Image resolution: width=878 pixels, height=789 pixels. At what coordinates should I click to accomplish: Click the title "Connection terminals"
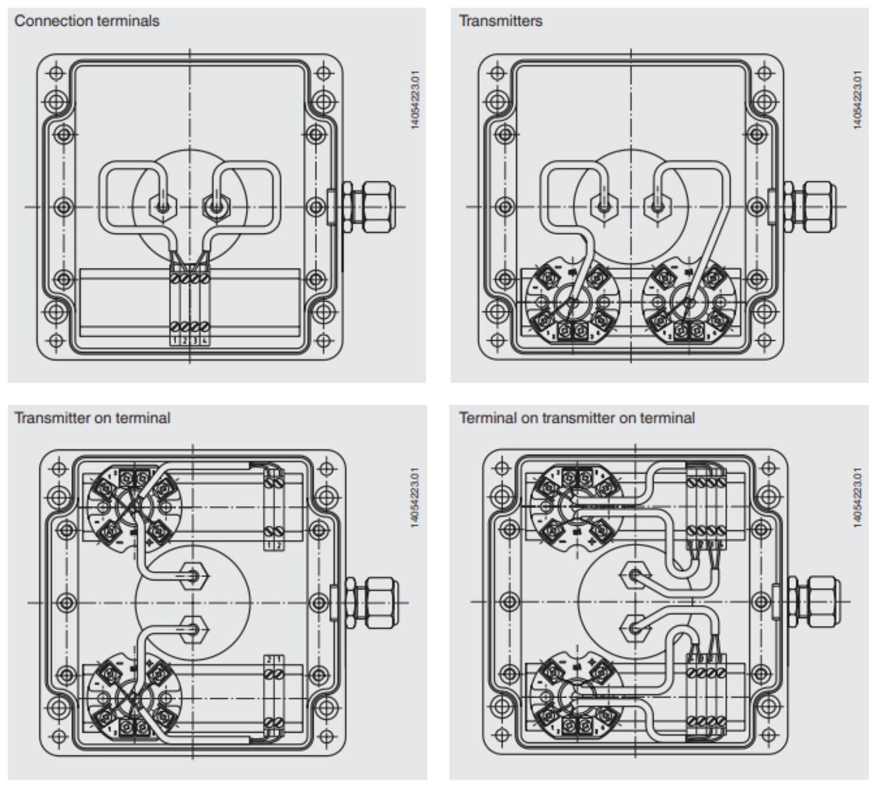(x=87, y=21)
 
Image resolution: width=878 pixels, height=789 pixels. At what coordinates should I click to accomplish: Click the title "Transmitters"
(x=500, y=21)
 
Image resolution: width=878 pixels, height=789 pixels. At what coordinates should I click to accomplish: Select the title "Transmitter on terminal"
(x=92, y=418)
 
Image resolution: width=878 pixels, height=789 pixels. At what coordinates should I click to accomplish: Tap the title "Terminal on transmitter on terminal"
(x=577, y=418)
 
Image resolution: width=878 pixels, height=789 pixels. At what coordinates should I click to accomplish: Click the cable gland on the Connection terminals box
(x=369, y=206)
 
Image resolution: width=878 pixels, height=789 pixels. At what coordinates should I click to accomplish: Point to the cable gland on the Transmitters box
(x=811, y=206)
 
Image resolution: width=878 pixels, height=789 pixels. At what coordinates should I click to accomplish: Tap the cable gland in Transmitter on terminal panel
(x=372, y=602)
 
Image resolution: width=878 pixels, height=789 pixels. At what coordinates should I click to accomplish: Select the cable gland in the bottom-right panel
(x=814, y=602)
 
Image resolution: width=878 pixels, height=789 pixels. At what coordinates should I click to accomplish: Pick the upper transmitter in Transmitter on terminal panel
(x=134, y=506)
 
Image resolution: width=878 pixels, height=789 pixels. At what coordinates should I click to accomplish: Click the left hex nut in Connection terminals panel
(x=163, y=206)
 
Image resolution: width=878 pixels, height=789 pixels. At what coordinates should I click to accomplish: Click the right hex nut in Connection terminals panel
(x=216, y=206)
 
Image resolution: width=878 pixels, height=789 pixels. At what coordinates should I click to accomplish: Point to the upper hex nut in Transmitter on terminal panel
(x=194, y=577)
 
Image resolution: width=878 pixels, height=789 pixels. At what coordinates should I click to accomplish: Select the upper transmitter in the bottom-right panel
(x=577, y=506)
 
